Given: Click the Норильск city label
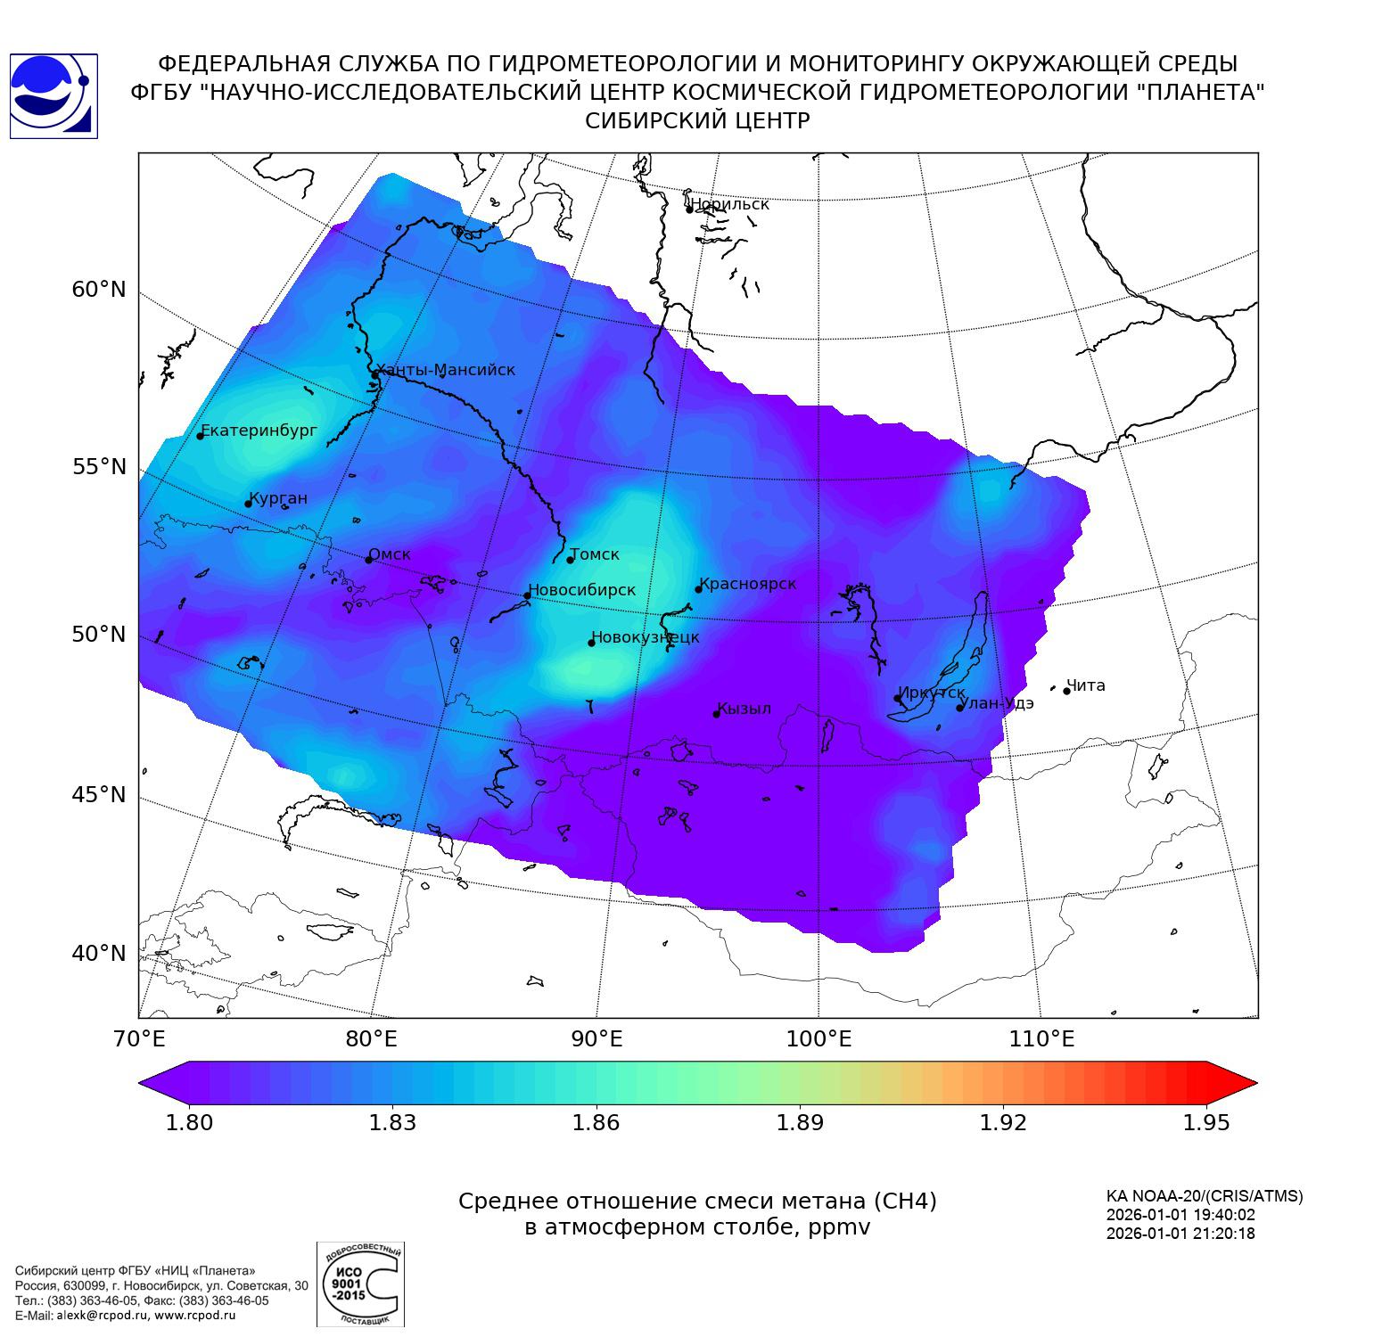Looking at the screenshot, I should [x=729, y=204].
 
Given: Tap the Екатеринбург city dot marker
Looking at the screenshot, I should [x=201, y=435].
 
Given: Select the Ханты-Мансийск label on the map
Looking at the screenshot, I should [x=446, y=370].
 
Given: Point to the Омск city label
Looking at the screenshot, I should [x=390, y=554].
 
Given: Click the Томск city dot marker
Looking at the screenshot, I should [x=570, y=560].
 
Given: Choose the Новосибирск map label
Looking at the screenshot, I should [x=583, y=590].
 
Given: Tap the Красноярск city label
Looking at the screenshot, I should [x=747, y=584].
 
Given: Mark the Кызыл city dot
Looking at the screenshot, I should [x=716, y=713].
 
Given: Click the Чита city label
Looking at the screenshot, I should [x=1086, y=685].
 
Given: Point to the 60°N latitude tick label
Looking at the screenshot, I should [x=99, y=290].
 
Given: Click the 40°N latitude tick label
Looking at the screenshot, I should [x=99, y=954].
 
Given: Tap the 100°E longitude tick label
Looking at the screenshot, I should [x=819, y=1039].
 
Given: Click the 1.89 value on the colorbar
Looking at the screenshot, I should [x=800, y=1122].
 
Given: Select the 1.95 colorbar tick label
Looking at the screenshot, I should [x=1205, y=1122].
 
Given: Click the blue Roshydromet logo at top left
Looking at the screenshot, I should [x=53, y=96].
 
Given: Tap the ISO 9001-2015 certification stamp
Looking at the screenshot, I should [x=360, y=1284].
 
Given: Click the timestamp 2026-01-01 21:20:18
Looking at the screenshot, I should [x=1180, y=1234].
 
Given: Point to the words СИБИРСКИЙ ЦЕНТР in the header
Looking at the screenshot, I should [x=697, y=121].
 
